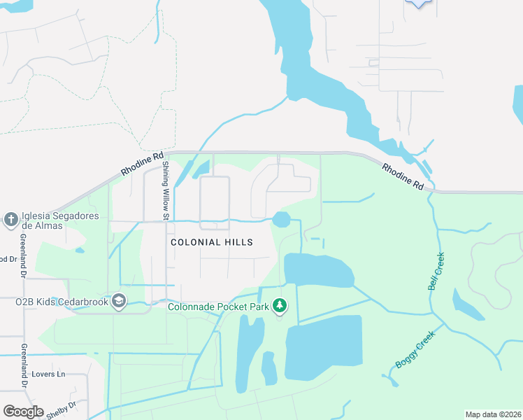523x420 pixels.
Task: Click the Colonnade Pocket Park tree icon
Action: [280, 305]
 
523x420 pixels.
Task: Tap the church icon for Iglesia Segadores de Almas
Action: [10, 220]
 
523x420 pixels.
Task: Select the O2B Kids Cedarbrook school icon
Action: [118, 301]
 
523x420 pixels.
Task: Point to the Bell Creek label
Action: [436, 272]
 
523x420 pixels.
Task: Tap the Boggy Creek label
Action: [415, 349]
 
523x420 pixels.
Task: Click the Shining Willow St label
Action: [166, 190]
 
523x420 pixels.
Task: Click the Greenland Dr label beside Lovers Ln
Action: [23, 365]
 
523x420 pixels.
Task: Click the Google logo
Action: [23, 412]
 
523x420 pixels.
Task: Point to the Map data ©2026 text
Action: [492, 414]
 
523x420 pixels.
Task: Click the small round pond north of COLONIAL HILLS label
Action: [281, 220]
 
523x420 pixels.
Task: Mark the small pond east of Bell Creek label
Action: [466, 303]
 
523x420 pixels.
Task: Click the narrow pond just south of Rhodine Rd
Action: [200, 169]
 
